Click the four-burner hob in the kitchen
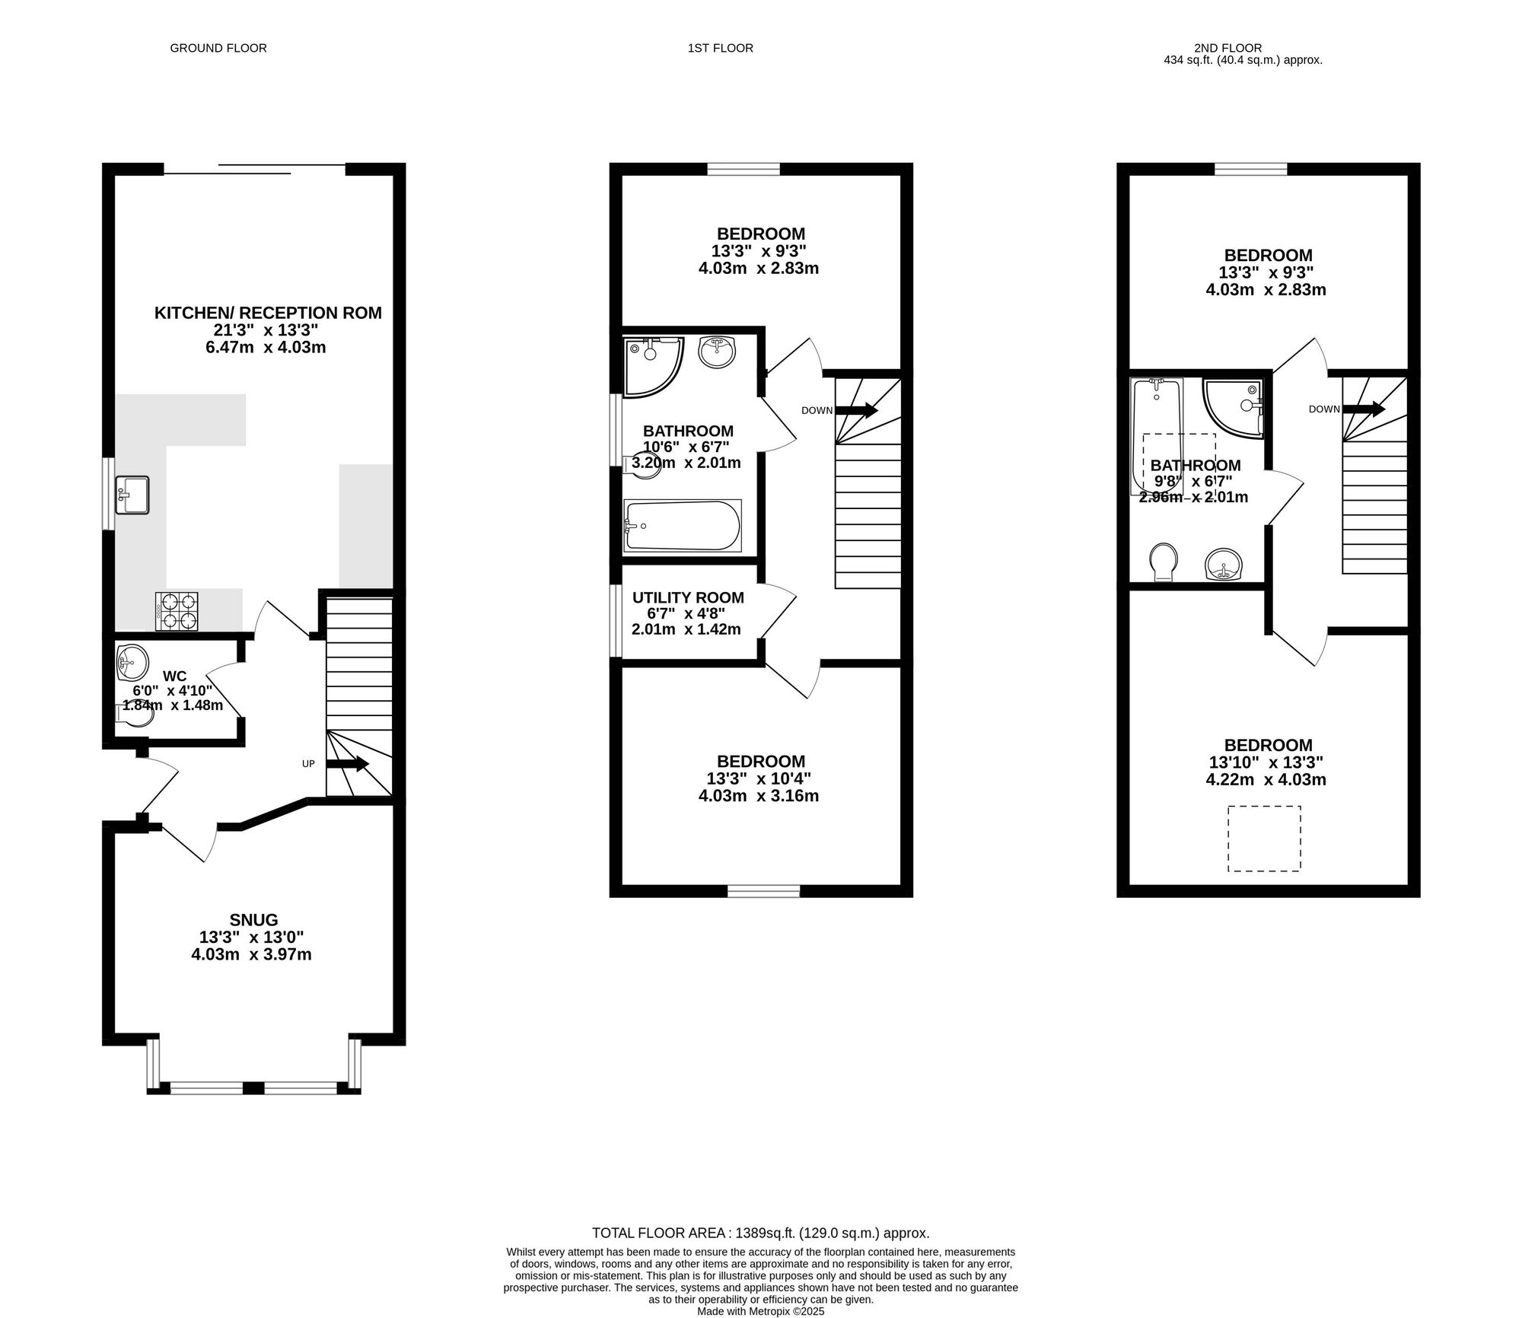[177, 611]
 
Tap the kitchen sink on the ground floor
[132, 495]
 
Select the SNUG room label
[254, 920]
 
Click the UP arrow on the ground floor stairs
[348, 763]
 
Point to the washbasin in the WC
[132, 661]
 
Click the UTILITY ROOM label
[688, 598]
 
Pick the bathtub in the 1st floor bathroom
[682, 525]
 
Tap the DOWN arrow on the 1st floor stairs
[857, 410]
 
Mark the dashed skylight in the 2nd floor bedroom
[1264, 839]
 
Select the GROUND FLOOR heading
[218, 48]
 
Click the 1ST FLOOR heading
[721, 48]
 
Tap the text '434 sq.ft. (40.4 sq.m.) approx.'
[1243, 60]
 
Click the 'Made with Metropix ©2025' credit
[761, 1312]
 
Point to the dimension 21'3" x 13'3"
[265, 330]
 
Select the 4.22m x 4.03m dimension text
[1266, 779]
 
